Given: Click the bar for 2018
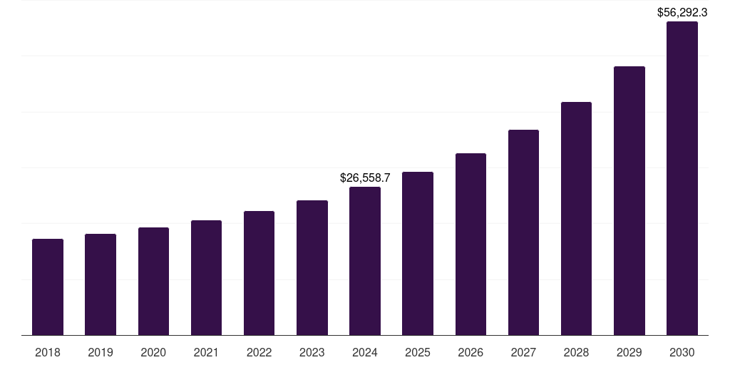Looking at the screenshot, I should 48,287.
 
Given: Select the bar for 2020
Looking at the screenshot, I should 153,281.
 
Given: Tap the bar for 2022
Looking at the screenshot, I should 259,273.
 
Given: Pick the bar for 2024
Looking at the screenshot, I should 365,261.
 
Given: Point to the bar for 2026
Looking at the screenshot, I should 471,244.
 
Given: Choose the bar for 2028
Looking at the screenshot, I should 576,218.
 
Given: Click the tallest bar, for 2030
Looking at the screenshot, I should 682,178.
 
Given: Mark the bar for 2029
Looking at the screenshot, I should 629,200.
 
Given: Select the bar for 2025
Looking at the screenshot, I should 418,253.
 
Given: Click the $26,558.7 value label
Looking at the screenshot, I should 365,177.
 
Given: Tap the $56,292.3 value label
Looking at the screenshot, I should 682,11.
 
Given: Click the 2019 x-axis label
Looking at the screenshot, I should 101,352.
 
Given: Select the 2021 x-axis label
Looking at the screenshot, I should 206,352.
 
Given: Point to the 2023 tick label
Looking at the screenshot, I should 312,352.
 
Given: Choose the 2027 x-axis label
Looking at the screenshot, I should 523,352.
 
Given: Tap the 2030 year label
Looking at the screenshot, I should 682,352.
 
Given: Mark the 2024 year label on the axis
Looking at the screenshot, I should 365,352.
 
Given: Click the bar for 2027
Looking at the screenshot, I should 523,232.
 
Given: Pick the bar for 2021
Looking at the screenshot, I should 206,277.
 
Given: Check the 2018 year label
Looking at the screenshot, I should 48,352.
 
